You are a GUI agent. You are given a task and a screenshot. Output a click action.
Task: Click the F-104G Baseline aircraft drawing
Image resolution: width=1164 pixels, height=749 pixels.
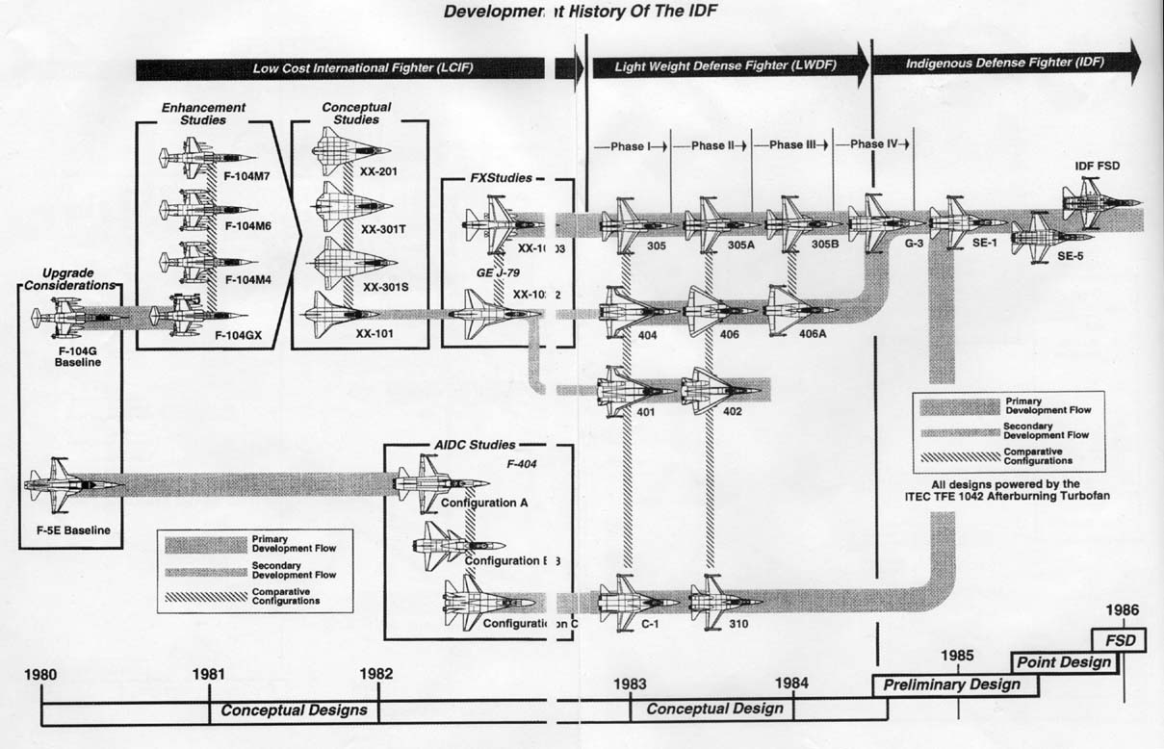coord(73,316)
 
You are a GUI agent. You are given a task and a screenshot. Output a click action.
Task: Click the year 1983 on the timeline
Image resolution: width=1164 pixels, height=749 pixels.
coord(631,684)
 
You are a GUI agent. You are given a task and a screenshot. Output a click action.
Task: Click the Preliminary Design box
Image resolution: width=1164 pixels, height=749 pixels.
coord(953,685)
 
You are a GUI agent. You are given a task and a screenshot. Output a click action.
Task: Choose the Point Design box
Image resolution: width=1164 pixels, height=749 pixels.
coord(1064,662)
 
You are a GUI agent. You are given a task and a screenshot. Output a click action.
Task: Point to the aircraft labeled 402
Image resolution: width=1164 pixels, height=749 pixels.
coord(722,390)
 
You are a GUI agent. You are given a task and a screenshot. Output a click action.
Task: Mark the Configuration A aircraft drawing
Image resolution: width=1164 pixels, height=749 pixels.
coord(443,480)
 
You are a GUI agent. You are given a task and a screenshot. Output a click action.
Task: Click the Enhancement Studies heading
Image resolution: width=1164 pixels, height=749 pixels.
coord(203,114)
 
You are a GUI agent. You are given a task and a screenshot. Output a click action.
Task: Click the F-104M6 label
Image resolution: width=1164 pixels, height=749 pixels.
coord(249,226)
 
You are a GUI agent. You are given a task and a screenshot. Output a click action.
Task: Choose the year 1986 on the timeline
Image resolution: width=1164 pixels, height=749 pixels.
coord(1123,609)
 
